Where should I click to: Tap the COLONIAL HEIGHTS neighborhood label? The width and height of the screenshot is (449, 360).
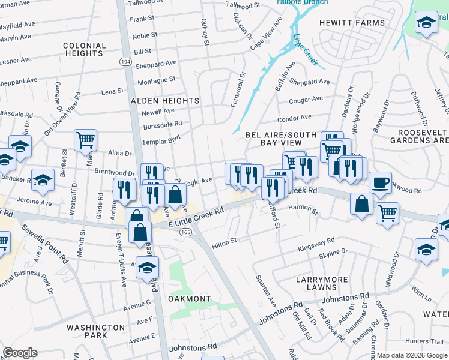[85, 49]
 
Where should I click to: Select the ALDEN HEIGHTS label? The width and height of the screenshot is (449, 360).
[165, 101]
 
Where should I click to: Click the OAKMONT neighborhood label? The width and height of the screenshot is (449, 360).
[189, 299]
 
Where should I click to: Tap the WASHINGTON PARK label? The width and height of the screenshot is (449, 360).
[95, 332]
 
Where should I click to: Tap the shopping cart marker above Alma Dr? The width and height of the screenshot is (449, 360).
[86, 140]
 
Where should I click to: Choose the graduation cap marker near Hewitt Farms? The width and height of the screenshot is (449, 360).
[426, 23]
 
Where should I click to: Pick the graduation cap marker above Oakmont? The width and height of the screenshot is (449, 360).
[148, 268]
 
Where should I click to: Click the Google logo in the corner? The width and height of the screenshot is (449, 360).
[20, 353]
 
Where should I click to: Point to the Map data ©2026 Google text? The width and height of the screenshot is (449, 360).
[412, 355]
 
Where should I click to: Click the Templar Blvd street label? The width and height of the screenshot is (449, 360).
[161, 141]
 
